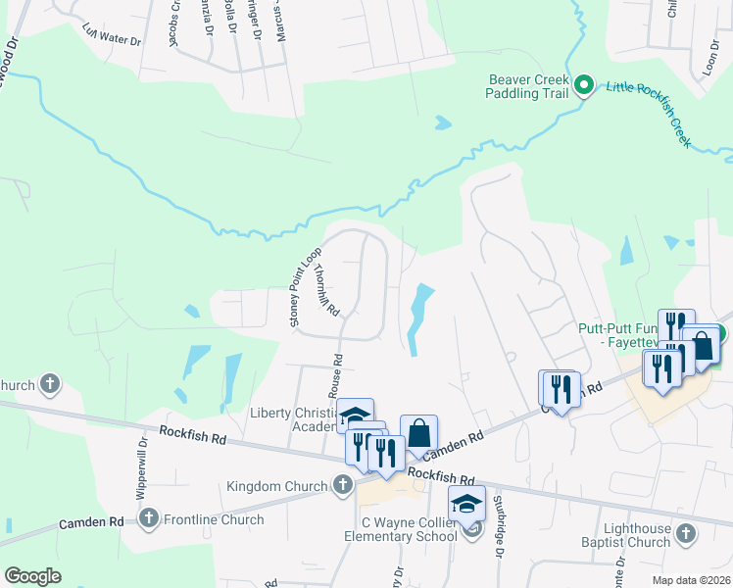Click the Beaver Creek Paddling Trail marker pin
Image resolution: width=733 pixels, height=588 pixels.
point(585,84)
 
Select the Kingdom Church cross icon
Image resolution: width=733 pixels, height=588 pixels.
point(342,485)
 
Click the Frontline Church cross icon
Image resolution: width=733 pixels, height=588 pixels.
point(149,518)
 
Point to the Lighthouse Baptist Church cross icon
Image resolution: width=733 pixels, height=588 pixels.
point(686,534)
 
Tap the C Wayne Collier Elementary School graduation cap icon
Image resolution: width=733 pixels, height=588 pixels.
point(467,505)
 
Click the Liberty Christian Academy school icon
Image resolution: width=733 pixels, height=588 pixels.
point(354,415)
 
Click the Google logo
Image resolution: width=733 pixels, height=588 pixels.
point(32,575)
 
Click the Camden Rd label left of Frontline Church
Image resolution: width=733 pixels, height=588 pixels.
point(91,523)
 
